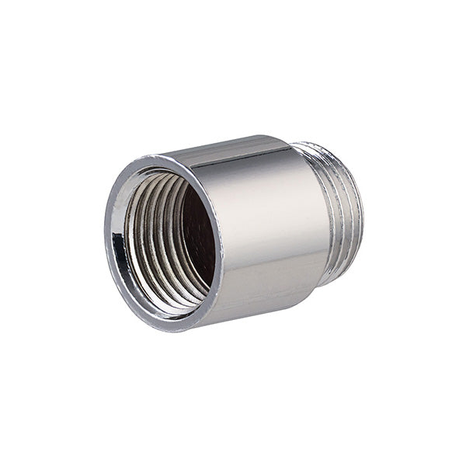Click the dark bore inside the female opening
pos(198,233)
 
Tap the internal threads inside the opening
pos(151,233)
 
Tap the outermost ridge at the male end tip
pos(357,210)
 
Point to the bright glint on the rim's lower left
pos(124,295)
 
